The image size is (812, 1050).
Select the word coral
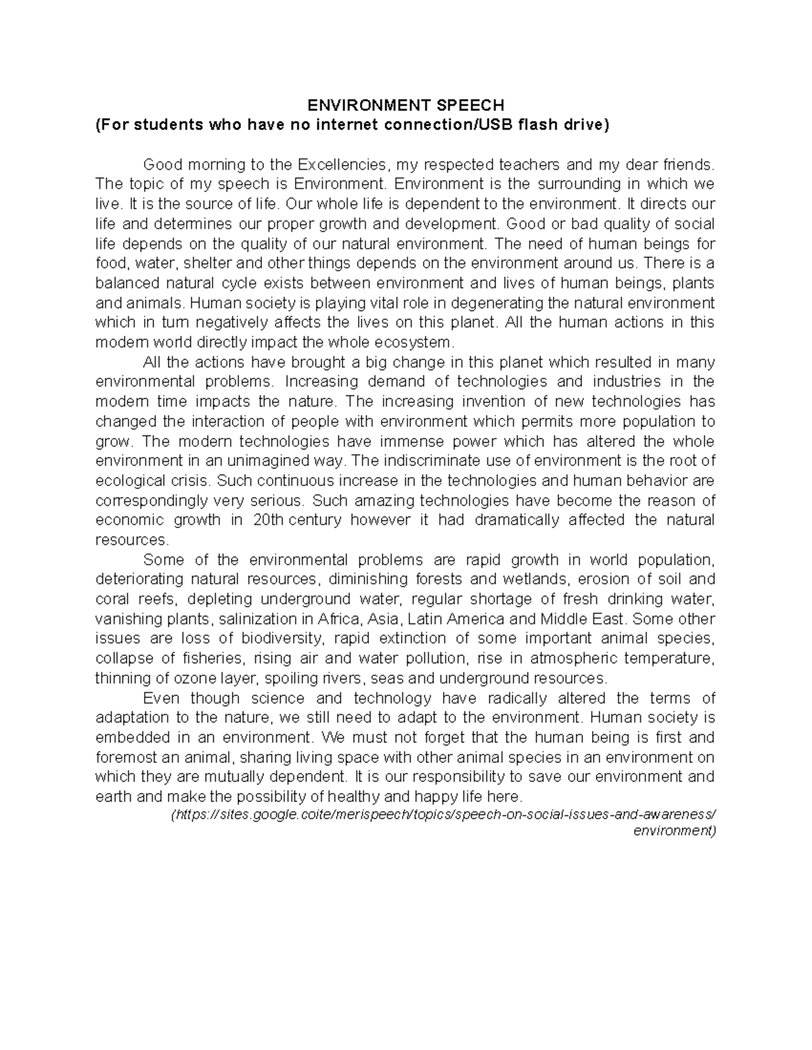[112, 599]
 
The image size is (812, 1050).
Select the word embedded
[129, 738]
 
